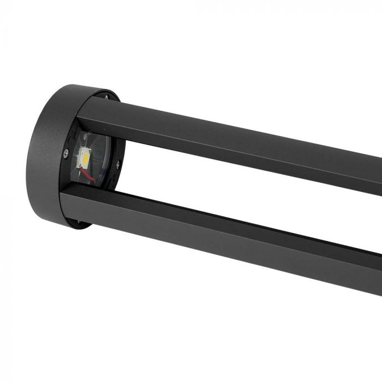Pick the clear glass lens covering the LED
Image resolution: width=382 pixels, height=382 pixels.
[x=101, y=164]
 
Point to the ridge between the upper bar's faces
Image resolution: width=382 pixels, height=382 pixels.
[x=218, y=139]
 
